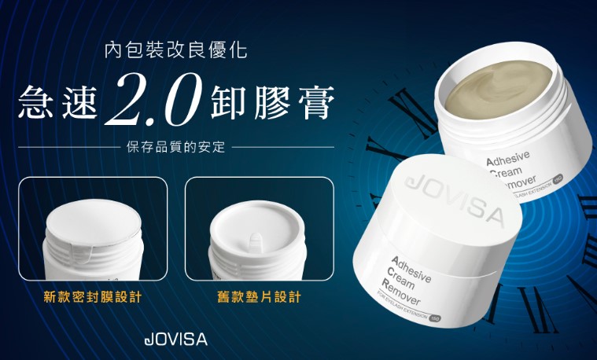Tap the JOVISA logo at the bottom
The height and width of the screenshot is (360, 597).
point(176,340)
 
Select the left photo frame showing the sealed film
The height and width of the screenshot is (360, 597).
point(92,229)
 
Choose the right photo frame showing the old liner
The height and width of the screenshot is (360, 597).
point(259,229)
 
